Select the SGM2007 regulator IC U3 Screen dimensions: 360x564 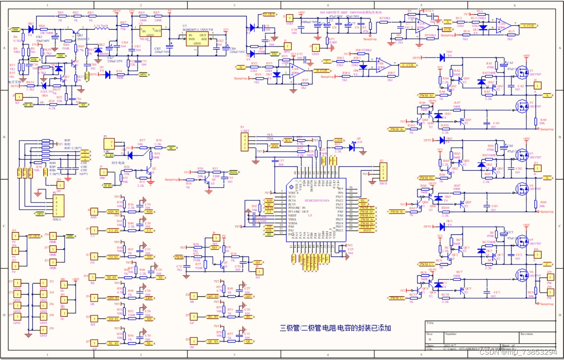pyautogui.click(x=197, y=38)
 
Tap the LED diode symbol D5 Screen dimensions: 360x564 pyautogui.click(x=352, y=147)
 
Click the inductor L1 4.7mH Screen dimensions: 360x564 pyautogui.click(x=101, y=28)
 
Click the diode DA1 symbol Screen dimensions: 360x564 pyautogui.click(x=441, y=57)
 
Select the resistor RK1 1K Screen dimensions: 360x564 pyautogui.click(x=61, y=16)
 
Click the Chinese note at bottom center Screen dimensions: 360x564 pyautogui.click(x=335, y=328)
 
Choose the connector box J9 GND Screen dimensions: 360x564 pyautogui.click(x=43, y=329)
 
